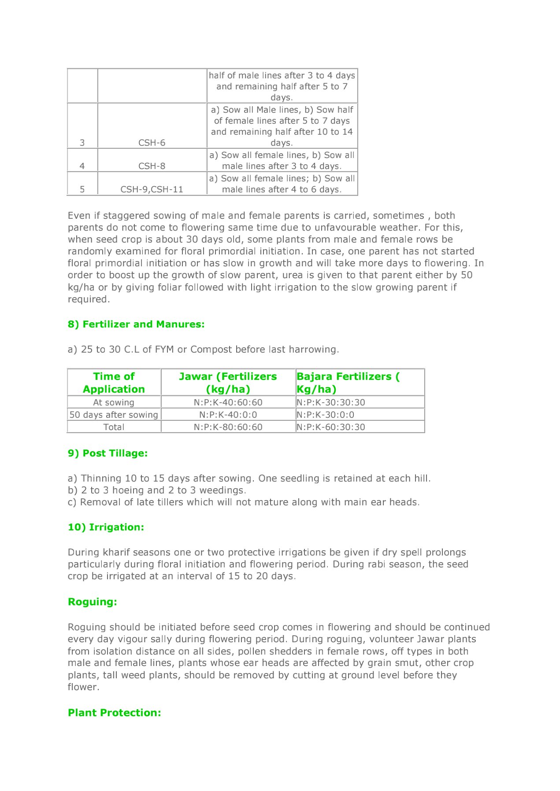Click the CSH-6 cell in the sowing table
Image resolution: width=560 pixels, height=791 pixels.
(152, 143)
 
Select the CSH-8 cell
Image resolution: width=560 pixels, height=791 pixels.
(152, 166)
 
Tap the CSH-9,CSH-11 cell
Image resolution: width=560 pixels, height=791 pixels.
(152, 189)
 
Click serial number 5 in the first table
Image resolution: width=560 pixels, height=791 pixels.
(82, 189)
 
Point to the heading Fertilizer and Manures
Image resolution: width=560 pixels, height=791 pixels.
(136, 324)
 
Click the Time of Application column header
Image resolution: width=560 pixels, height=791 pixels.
(114, 383)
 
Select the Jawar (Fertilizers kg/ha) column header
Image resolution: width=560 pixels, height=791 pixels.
(228, 383)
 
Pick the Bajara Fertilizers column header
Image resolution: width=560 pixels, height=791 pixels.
(348, 383)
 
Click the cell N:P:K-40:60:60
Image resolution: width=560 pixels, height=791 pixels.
(228, 402)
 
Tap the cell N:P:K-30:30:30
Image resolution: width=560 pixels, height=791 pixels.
(331, 402)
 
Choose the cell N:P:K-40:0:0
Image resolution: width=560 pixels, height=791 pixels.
(228, 415)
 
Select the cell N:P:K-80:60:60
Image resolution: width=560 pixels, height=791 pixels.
(228, 427)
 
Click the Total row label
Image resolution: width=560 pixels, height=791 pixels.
(114, 427)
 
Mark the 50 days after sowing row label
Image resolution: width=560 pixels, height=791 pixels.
(114, 415)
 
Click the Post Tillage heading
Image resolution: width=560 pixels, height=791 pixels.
(108, 453)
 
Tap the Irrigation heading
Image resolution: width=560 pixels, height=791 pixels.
(106, 527)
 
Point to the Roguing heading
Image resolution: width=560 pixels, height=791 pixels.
(93, 602)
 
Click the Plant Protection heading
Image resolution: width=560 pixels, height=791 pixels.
(115, 713)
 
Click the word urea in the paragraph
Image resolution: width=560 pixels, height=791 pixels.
(292, 275)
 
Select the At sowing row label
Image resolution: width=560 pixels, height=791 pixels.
(114, 402)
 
